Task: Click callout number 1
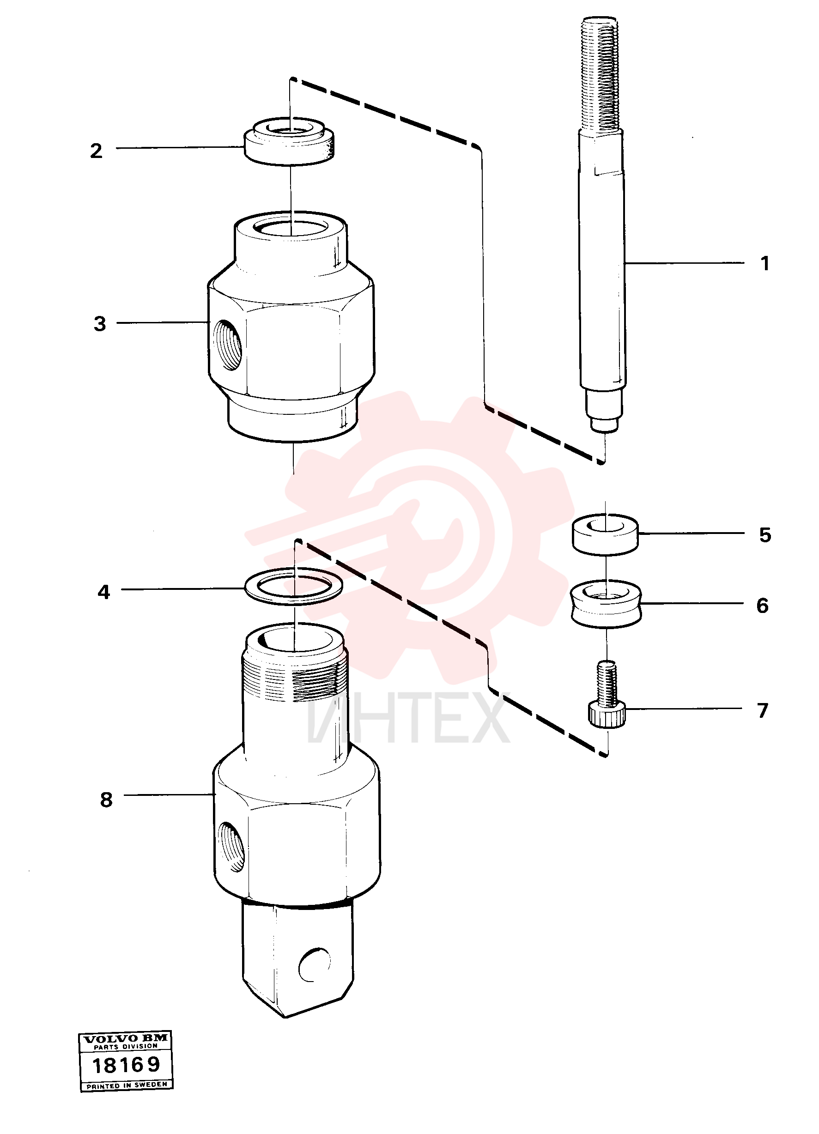coord(764,263)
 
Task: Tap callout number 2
coord(96,151)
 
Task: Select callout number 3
coord(100,323)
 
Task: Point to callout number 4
coord(103,592)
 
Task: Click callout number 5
coord(765,535)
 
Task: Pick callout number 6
coord(763,606)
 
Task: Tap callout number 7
coord(763,710)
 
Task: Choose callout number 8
coord(106,800)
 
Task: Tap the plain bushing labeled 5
coord(605,534)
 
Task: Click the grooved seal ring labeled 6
coord(606,604)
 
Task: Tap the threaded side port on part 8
coord(231,847)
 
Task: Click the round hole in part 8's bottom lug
coord(315,964)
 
